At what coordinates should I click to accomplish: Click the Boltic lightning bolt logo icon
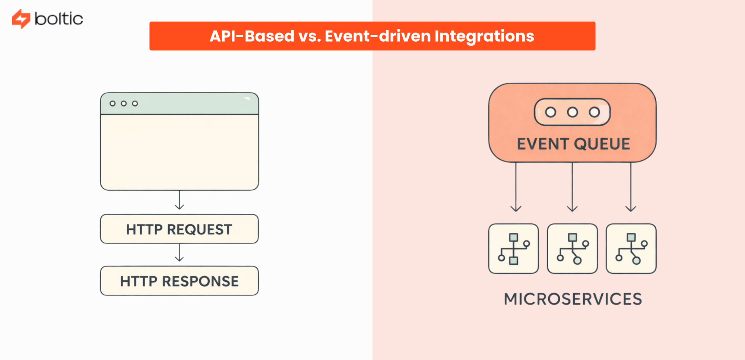pos(21,19)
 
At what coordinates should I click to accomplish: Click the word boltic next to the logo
pos(58,19)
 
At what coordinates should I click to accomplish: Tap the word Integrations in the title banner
pos(484,36)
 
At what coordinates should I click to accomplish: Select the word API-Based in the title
pos(252,36)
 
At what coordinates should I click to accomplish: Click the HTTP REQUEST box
pos(179,229)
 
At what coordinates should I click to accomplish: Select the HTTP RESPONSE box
pos(179,281)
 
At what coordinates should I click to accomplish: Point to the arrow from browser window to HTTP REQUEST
pos(180,201)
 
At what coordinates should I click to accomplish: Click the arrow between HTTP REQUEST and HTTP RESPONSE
pos(180,253)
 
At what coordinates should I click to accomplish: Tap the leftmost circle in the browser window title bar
pos(112,103)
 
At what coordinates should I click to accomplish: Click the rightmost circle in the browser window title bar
pos(135,103)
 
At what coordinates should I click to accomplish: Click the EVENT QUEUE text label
pos(573,144)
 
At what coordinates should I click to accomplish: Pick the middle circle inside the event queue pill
pos(573,112)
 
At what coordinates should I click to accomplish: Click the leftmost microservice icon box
pos(514,249)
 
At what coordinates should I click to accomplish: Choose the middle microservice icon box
pos(573,249)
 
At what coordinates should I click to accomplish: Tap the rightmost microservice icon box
pos(631,249)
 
